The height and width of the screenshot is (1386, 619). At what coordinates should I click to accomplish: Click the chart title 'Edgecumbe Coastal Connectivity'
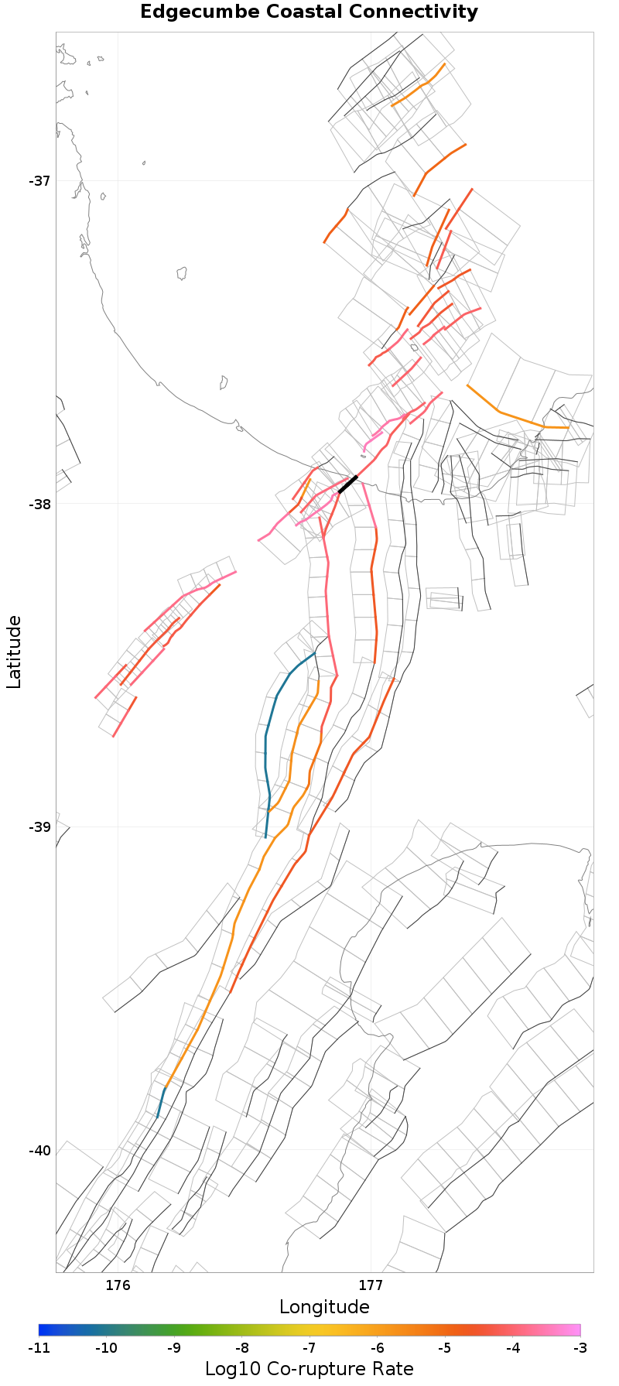(309, 12)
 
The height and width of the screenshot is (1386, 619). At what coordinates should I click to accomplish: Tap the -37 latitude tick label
(39, 181)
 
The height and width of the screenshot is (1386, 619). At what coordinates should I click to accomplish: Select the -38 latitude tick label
(39, 504)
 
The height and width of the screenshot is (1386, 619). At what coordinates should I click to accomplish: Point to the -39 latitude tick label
(39, 827)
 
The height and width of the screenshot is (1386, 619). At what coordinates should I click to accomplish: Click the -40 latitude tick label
(39, 1151)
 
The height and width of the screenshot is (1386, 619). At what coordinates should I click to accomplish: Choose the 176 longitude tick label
(118, 1285)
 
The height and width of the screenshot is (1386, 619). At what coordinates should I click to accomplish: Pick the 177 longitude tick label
(371, 1285)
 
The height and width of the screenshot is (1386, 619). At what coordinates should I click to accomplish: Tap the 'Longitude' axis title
(324, 1307)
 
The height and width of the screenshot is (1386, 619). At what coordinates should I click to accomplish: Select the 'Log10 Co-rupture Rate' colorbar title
(309, 1368)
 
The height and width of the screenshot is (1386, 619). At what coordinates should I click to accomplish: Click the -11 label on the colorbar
(39, 1348)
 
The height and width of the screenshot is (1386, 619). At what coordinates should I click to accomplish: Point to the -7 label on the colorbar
(309, 1348)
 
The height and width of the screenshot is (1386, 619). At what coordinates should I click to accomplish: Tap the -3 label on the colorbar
(580, 1348)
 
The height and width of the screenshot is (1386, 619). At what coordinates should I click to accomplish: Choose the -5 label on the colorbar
(445, 1348)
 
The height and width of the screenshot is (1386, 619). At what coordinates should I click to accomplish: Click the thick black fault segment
(347, 484)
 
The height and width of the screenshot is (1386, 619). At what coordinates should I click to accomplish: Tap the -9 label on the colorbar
(174, 1348)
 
